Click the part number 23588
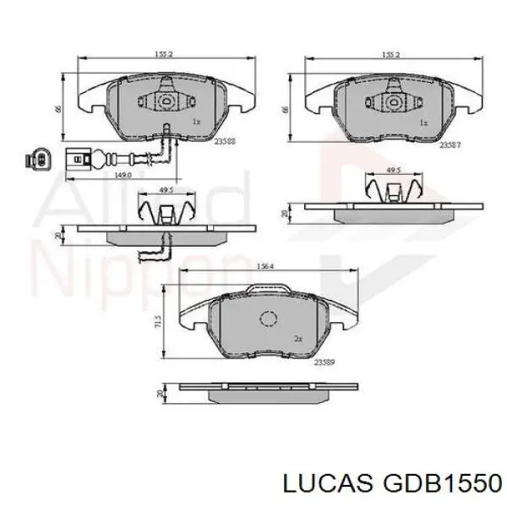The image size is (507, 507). pyautogui.click(x=225, y=142)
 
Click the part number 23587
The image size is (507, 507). pyautogui.click(x=450, y=144)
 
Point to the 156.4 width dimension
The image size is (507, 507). pyautogui.click(x=264, y=268)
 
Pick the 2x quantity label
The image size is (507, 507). pyautogui.click(x=298, y=339)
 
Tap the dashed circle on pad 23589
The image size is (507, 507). pyautogui.click(x=269, y=319)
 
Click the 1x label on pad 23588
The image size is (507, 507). pyautogui.click(x=197, y=122)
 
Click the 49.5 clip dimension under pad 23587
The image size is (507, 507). pyautogui.click(x=392, y=170)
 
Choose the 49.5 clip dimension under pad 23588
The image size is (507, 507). pyautogui.click(x=166, y=191)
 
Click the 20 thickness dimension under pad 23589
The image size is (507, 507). pyautogui.click(x=161, y=393)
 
